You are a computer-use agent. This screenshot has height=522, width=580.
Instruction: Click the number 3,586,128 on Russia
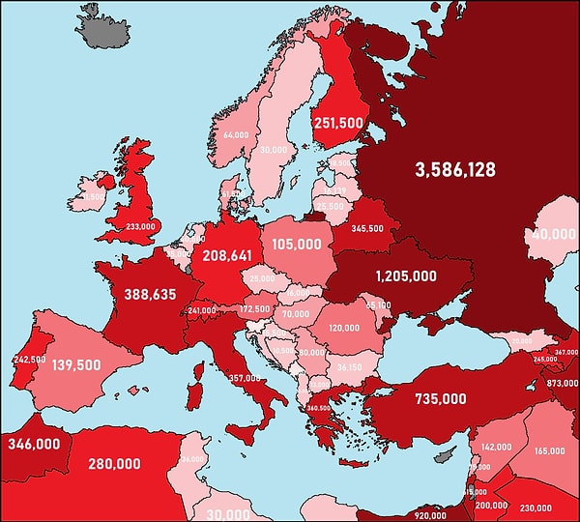[x=455, y=170]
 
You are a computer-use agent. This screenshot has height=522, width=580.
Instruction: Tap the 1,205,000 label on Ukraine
[x=398, y=275]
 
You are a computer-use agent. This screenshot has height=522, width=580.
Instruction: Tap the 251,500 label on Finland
[x=339, y=124]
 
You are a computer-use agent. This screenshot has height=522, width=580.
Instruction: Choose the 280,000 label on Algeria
[x=113, y=464]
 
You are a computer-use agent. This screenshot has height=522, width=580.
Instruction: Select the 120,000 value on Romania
[x=343, y=328]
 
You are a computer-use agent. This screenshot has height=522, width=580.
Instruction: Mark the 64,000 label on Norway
[x=235, y=135]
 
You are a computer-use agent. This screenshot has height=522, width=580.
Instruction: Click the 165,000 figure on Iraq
[x=548, y=450]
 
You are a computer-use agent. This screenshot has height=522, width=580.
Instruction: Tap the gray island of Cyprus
[x=443, y=454]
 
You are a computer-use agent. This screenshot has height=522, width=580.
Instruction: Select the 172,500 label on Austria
[x=254, y=308]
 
